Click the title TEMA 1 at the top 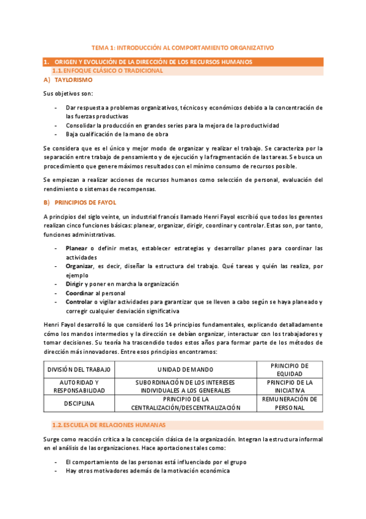pos(183,47)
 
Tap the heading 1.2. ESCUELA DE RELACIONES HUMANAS pos(109,425)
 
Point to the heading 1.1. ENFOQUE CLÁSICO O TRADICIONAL pos(109,71)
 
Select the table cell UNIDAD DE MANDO pos(184,370)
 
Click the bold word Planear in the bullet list pos(76,248)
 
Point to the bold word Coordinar pos(79,293)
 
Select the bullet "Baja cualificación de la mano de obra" pos(117,134)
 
